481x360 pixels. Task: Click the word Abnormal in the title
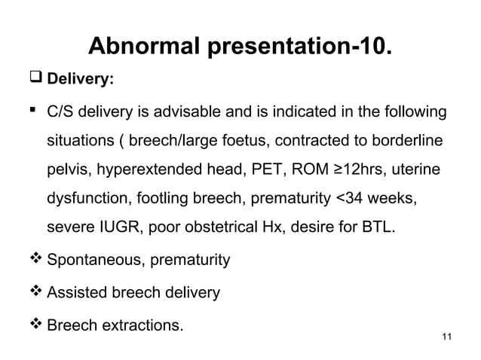click(x=139, y=47)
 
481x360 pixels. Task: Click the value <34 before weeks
click(x=349, y=199)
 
